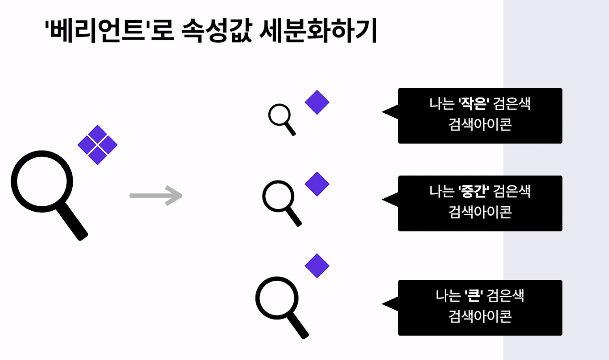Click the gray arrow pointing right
[156, 195]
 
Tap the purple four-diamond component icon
[97, 145]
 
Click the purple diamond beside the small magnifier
[317, 102]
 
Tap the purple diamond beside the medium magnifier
[317, 184]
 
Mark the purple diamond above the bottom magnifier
[317, 266]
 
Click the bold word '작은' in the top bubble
[474, 106]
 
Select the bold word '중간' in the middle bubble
[474, 192]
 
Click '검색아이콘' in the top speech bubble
[480, 124]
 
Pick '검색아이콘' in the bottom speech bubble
[480, 316]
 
